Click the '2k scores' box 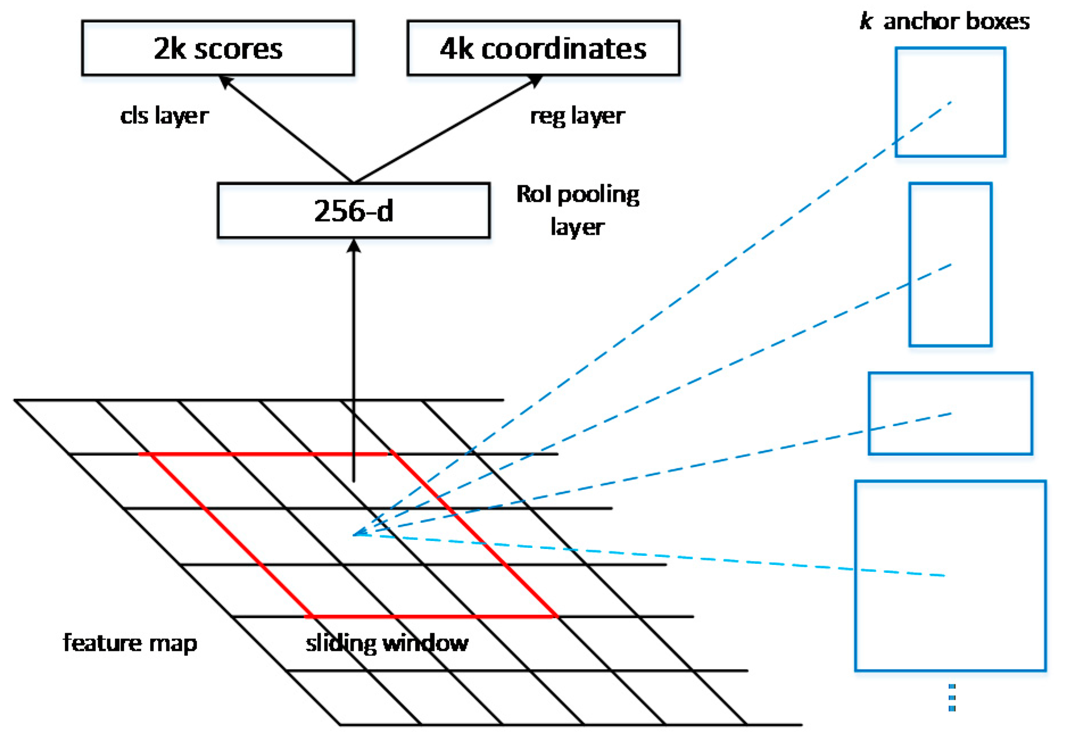pyautogui.click(x=218, y=48)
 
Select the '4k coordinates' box pyautogui.click(x=543, y=48)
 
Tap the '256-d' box pyautogui.click(x=353, y=210)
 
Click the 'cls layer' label pyautogui.click(x=164, y=115)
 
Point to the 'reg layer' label pyautogui.click(x=577, y=115)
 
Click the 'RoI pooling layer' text pyautogui.click(x=577, y=210)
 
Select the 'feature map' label pyautogui.click(x=130, y=643)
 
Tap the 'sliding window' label pyautogui.click(x=387, y=643)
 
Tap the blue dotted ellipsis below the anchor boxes pyautogui.click(x=952, y=697)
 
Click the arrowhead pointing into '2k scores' pyautogui.click(x=225, y=81)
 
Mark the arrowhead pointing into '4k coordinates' pyautogui.click(x=536, y=81)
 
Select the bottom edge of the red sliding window pyautogui.click(x=431, y=616)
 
